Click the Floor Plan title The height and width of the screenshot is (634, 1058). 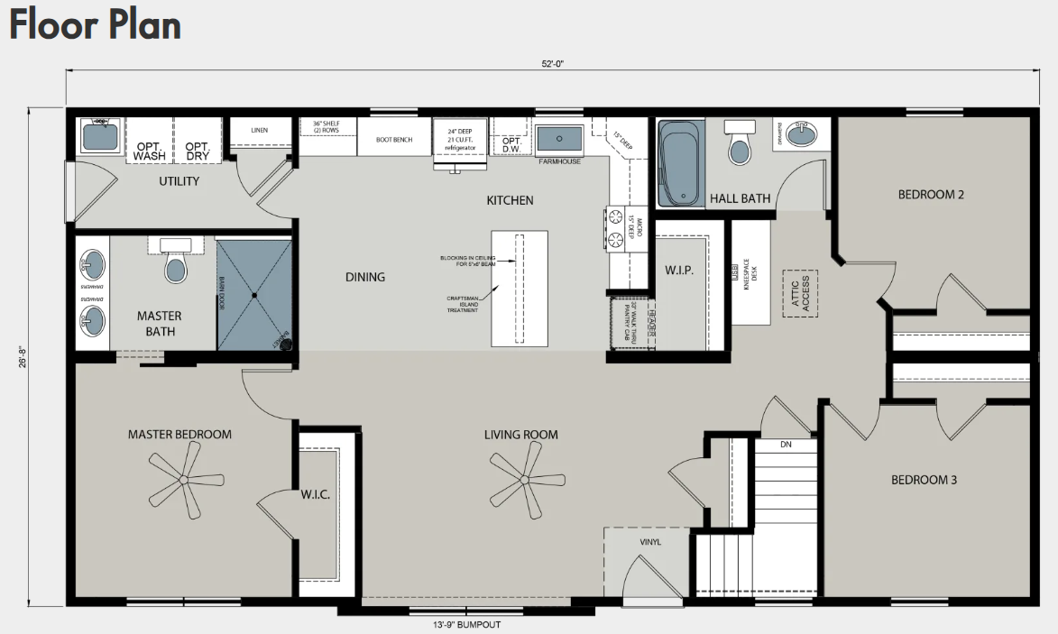coord(95,24)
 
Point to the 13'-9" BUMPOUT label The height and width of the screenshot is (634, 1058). coord(466,624)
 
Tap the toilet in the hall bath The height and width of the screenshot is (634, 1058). coord(740,144)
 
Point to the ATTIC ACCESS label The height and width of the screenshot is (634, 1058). coord(800,294)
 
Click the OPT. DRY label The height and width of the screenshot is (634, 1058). coord(197,151)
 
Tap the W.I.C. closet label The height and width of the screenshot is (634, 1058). coord(316,494)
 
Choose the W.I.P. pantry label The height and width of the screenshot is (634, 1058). coord(678,270)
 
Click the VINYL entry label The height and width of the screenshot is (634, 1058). coord(650,542)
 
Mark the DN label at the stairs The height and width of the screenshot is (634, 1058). coord(786,445)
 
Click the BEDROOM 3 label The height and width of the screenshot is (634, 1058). coord(924,480)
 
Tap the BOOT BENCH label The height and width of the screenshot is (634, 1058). coord(394,140)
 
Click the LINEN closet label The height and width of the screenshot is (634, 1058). coord(259,130)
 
